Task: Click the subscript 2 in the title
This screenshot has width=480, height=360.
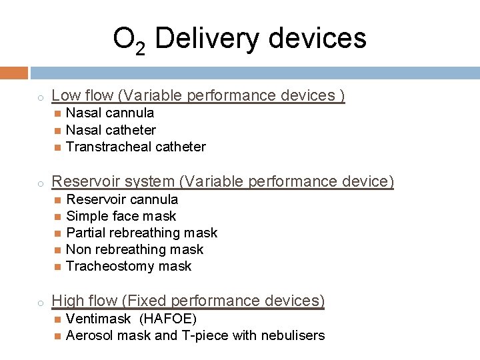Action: click(x=141, y=49)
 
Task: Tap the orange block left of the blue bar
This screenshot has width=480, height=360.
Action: click(x=14, y=72)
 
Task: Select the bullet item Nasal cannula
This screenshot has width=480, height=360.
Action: click(x=110, y=113)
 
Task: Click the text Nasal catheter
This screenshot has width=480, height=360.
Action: click(x=111, y=130)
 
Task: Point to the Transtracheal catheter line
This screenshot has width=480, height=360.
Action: click(x=135, y=147)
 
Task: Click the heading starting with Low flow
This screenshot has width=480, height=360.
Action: click(x=198, y=96)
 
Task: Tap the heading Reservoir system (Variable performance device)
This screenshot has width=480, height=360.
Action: click(x=223, y=181)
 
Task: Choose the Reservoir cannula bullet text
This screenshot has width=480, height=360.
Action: click(x=122, y=199)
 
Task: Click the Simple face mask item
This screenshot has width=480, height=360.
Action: click(x=121, y=216)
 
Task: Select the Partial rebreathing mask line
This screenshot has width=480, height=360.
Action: click(x=141, y=233)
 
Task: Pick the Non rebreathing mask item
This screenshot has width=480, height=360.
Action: click(x=135, y=249)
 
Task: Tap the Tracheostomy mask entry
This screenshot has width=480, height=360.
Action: click(x=129, y=266)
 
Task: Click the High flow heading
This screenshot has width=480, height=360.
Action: click(x=188, y=301)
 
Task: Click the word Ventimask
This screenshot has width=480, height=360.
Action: click(x=98, y=319)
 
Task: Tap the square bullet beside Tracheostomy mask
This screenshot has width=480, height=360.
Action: click(x=57, y=267)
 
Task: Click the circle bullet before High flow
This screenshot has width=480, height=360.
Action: click(x=40, y=303)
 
